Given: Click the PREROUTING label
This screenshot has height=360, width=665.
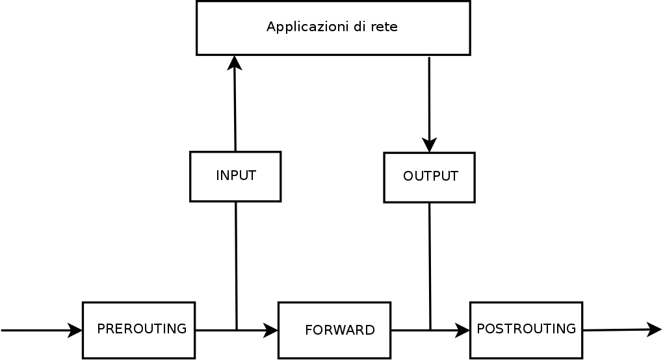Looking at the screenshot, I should point(142,329).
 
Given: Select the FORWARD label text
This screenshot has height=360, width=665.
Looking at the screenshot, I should point(339,330).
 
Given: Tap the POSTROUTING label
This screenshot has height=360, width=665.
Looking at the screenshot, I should point(526,329).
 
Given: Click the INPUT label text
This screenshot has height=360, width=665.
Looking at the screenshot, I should point(235,175).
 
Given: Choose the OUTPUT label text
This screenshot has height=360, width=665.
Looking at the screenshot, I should point(430,176).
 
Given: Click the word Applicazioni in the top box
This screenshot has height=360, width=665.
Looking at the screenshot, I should point(301,27).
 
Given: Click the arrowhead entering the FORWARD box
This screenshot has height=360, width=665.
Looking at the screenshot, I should point(271,331).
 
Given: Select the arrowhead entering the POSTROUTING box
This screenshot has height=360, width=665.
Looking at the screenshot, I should point(463,331).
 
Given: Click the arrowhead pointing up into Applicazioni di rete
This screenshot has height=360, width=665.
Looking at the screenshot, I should point(234,63).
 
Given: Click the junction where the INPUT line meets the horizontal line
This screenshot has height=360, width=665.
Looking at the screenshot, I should point(237,330).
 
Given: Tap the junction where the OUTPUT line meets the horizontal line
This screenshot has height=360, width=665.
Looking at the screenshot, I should point(430,330).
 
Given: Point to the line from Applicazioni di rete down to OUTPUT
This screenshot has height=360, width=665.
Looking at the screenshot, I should point(429,97).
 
